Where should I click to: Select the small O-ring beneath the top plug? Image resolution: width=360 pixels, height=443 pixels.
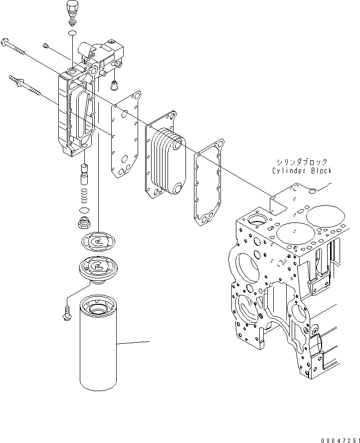click(x=72, y=33)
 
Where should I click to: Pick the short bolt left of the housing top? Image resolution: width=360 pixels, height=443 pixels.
click(x=45, y=46)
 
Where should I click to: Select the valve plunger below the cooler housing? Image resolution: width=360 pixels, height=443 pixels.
click(x=85, y=174)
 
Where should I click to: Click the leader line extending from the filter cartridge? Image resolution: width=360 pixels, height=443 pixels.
click(x=134, y=343)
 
